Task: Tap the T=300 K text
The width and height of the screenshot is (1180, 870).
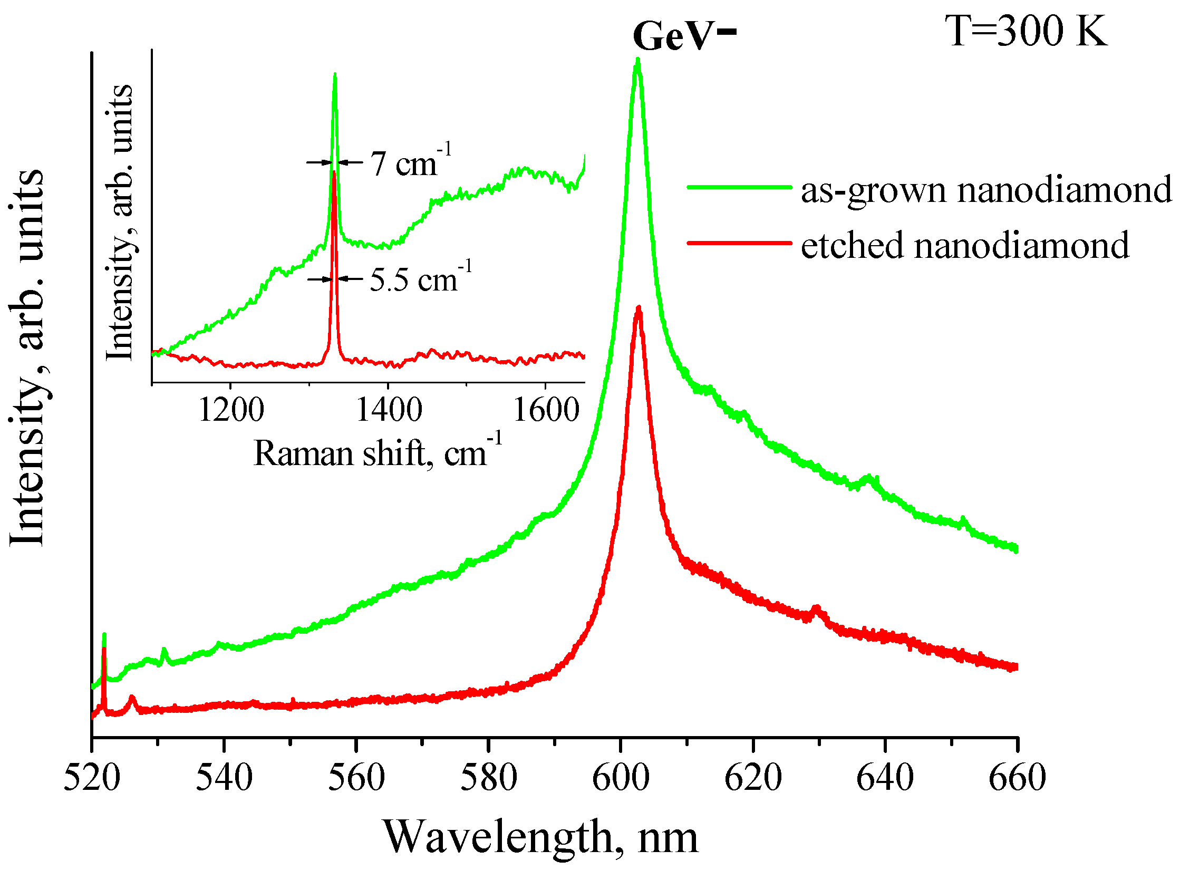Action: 1025,32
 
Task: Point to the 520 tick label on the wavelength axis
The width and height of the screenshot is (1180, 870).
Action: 92,778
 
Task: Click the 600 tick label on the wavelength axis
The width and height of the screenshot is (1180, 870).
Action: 621,778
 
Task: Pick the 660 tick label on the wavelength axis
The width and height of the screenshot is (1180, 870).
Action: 1017,778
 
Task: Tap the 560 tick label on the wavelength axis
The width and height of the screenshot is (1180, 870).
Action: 356,778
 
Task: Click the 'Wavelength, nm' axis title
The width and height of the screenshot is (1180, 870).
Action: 540,837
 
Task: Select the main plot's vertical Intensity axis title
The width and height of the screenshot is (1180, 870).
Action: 27,359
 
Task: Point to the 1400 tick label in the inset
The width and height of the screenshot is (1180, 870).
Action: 389,410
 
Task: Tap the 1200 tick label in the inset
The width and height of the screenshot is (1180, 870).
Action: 231,410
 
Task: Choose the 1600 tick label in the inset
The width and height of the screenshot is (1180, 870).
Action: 546,410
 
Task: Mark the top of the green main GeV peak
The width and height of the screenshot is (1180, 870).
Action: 638,60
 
